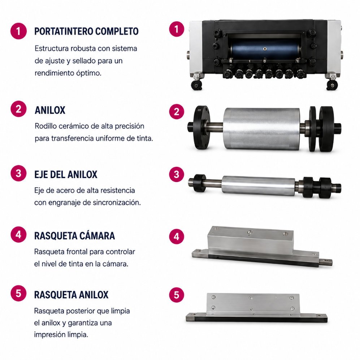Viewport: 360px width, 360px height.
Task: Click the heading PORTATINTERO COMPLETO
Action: coord(86,31)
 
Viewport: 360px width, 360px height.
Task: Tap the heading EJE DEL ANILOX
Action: coord(66,174)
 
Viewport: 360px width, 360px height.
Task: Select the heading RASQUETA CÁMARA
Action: coord(75,236)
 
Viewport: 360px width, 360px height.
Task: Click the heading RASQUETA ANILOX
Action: coord(71,295)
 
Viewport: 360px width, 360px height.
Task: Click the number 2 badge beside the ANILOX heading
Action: coord(19,109)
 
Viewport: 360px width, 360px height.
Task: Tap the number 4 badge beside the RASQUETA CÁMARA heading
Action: coord(19,234)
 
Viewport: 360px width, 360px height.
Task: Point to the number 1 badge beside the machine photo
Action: coord(177,29)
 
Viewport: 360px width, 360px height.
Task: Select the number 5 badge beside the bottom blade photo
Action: coord(177,295)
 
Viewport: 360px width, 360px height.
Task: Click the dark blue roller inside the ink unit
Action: coord(265,49)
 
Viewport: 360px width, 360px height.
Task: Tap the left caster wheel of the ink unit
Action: coord(196,85)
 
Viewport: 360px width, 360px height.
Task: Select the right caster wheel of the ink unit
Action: coord(332,85)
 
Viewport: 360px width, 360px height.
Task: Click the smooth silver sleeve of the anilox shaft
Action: coord(259,186)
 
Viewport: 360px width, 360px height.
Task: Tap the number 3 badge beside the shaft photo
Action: coord(177,174)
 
